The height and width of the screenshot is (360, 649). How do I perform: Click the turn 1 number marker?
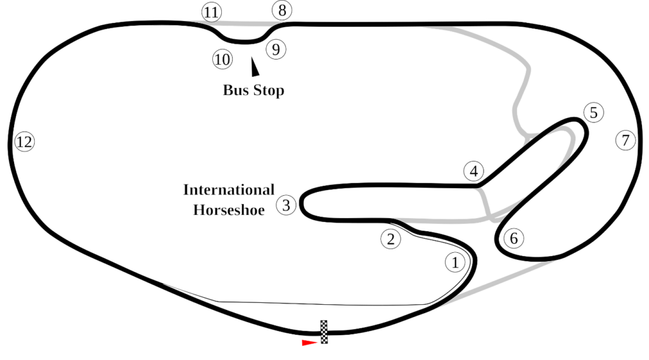(456, 262)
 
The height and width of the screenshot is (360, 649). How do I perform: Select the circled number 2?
(390, 239)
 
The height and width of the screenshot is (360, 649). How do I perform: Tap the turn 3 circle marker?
(286, 205)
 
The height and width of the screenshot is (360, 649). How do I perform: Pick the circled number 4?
(473, 171)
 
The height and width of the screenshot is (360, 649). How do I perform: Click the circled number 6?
(514, 238)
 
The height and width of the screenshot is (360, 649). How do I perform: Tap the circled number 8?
(282, 11)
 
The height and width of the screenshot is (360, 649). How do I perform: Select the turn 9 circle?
(275, 49)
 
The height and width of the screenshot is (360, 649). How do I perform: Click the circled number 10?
(222, 60)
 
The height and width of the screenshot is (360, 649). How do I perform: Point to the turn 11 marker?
(211, 12)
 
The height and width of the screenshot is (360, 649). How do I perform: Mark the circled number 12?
(24, 142)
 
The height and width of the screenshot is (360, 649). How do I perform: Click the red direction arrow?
(309, 343)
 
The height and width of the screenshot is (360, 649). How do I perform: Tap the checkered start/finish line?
(324, 332)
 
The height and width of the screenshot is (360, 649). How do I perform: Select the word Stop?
(269, 91)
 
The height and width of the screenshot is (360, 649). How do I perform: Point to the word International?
(229, 190)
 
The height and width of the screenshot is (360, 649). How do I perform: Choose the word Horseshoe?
(228, 210)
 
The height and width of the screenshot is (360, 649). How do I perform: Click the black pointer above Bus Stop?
(255, 65)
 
